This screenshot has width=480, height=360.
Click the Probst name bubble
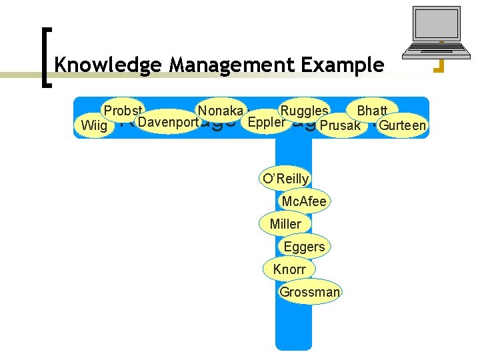pyautogui.click(x=121, y=111)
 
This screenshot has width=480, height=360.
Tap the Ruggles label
pyautogui.click(x=304, y=111)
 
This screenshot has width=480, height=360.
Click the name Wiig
pyautogui.click(x=93, y=125)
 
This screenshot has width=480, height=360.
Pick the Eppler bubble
pyautogui.click(x=266, y=122)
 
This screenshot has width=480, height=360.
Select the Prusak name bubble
pyautogui.click(x=340, y=126)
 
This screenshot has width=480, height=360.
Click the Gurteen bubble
pyautogui.click(x=402, y=125)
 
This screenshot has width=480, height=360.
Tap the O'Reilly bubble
pyautogui.click(x=285, y=179)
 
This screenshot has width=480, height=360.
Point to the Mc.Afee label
pyautogui.click(x=304, y=201)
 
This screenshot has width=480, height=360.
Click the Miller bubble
pyautogui.click(x=285, y=224)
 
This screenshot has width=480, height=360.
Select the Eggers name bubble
pyautogui.click(x=304, y=247)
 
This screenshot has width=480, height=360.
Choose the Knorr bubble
pyautogui.click(x=289, y=269)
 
